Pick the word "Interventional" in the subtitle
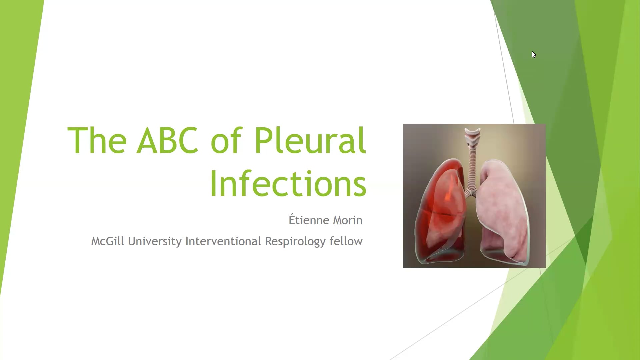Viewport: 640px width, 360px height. (223, 241)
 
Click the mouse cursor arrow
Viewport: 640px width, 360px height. (534, 55)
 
